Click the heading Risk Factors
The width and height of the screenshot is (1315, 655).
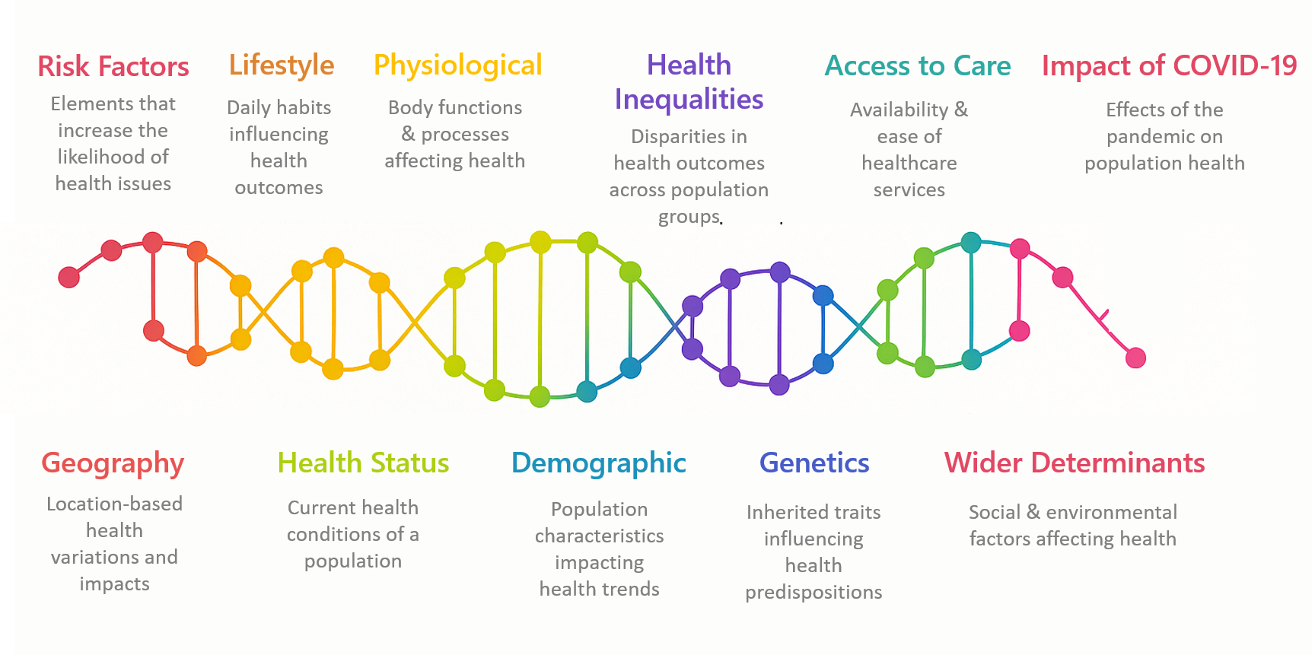(113, 66)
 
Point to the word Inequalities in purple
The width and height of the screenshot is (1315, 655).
(689, 100)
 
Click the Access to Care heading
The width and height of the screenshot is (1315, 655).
(918, 66)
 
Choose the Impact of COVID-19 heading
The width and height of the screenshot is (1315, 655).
(1169, 66)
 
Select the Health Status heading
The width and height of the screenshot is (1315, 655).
(363, 463)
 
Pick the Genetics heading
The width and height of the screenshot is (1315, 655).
(814, 463)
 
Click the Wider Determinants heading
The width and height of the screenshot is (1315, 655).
(1075, 463)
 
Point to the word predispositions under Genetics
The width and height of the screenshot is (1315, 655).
(814, 593)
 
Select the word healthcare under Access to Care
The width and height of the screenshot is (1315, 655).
(909, 163)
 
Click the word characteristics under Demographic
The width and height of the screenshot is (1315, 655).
(599, 536)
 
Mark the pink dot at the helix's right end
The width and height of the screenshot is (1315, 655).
(1135, 358)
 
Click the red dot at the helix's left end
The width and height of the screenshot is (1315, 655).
(69, 277)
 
